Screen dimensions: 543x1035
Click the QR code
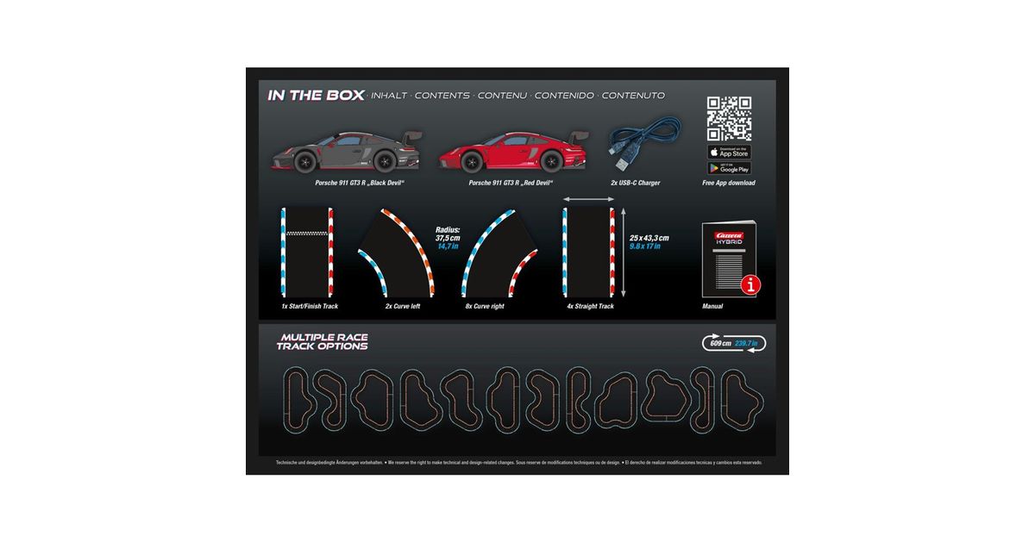tap(729, 119)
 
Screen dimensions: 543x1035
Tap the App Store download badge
tap(729, 152)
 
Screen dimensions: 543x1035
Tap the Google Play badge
tap(729, 168)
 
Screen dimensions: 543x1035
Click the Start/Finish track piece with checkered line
tap(307, 250)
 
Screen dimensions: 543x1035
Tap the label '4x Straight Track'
tap(590, 306)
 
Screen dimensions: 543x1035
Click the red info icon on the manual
tap(751, 285)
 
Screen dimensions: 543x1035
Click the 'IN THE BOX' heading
tap(316, 95)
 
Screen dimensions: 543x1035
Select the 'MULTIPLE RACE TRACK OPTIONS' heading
tap(322, 341)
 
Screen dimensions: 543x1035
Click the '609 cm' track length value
tap(720, 343)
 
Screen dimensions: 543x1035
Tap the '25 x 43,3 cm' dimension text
tap(649, 237)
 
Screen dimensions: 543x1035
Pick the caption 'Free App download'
tap(729, 183)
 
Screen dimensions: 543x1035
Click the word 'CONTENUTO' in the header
tap(633, 96)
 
